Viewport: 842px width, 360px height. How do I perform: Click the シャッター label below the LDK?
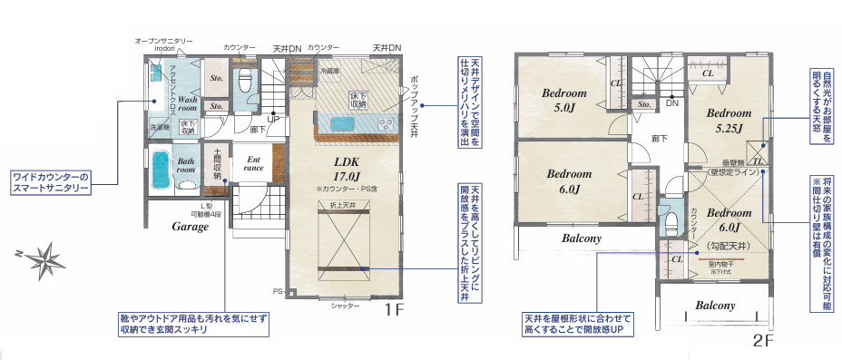(x=345, y=306)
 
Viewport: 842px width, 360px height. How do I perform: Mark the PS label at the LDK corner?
(x=278, y=292)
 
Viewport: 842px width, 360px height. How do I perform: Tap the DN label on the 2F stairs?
(x=672, y=103)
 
